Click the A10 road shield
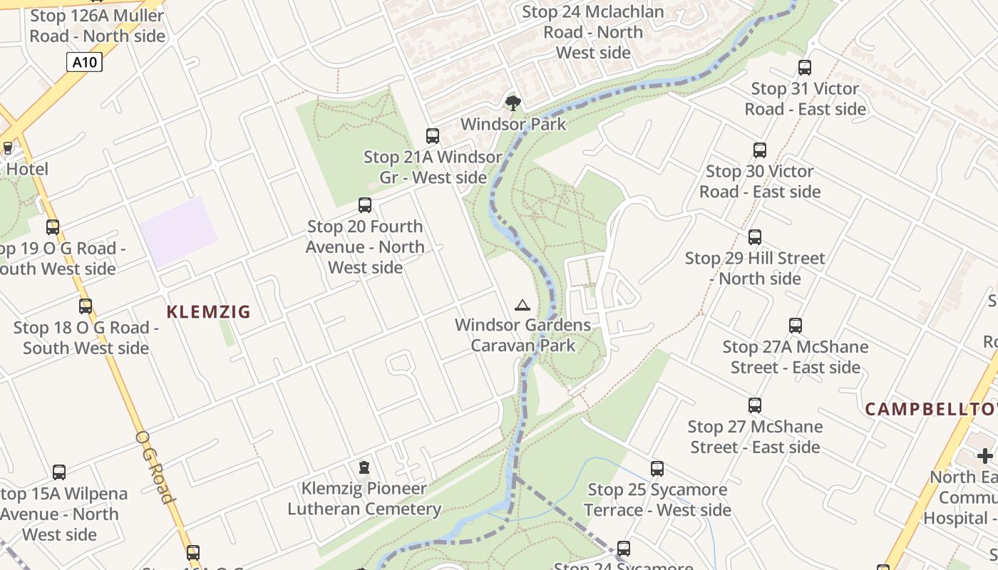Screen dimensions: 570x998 tap(85, 63)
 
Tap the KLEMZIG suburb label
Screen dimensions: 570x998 tap(208, 312)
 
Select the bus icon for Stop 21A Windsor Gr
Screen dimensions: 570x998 tap(433, 136)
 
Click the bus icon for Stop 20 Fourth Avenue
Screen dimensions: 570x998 tap(365, 206)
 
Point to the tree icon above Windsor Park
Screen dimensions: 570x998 tap(513, 103)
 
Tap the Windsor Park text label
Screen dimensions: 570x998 tap(513, 124)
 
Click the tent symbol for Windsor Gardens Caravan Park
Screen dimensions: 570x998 tap(523, 306)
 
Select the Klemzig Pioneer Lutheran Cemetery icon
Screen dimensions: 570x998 tap(364, 468)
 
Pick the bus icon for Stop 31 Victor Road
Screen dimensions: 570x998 tap(805, 68)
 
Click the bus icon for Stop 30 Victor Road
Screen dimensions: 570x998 tap(760, 150)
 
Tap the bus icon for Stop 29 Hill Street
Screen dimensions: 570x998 tap(755, 237)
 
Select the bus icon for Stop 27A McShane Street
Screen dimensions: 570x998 tap(796, 326)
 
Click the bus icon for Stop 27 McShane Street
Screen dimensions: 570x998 tap(755, 405)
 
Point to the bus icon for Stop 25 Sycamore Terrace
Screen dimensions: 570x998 tap(657, 469)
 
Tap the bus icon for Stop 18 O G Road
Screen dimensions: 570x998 tap(86, 306)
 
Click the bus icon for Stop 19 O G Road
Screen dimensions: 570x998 tap(53, 227)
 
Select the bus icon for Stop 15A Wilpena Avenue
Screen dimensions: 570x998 tap(59, 472)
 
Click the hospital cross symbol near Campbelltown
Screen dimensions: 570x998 tap(985, 456)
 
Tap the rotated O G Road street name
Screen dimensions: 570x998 tap(155, 467)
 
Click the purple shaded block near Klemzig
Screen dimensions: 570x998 tap(178, 232)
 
